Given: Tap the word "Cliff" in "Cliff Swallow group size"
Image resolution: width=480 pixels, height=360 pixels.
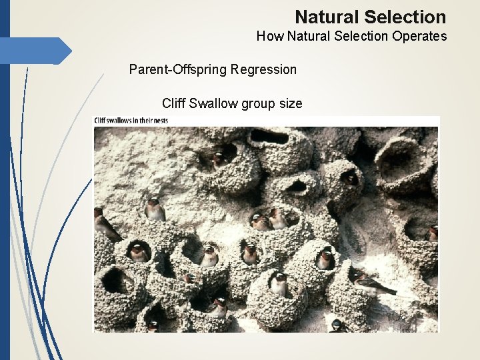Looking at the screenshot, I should pyautogui.click(x=174, y=103).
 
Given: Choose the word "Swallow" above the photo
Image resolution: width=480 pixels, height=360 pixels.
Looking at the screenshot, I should pyautogui.click(x=213, y=103).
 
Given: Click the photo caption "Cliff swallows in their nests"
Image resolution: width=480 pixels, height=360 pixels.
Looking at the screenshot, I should pyautogui.click(x=131, y=121).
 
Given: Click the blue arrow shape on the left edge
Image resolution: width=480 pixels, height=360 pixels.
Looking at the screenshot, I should pyautogui.click(x=37, y=51).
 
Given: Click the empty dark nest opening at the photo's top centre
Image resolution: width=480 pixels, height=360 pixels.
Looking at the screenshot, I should pyautogui.click(x=269, y=137).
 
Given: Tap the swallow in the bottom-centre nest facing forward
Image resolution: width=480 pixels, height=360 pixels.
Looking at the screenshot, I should pyautogui.click(x=279, y=284).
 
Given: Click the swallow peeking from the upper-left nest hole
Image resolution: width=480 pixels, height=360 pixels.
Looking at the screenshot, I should pyautogui.click(x=219, y=159).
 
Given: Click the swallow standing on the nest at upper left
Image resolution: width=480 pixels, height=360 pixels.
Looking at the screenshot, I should pyautogui.click(x=155, y=210).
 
